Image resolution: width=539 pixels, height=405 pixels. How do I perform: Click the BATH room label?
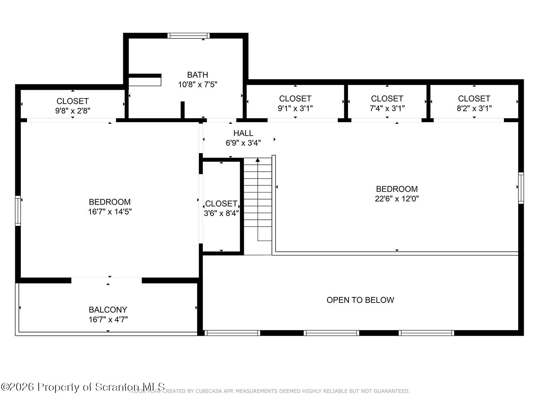[x=197, y=75]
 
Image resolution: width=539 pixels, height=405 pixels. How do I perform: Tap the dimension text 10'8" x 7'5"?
[x=197, y=84]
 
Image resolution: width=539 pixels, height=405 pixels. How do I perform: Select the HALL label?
[x=243, y=133]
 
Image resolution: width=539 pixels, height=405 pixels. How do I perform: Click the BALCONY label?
[x=108, y=309]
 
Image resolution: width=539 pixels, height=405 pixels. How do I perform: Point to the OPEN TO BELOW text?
[x=360, y=300]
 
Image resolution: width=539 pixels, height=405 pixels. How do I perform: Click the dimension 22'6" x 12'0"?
[x=397, y=198]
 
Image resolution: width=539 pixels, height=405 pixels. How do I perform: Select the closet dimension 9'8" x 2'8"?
[x=73, y=111]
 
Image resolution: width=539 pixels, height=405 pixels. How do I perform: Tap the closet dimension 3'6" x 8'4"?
[x=221, y=213]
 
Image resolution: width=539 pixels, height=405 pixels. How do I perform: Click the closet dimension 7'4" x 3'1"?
[x=387, y=108]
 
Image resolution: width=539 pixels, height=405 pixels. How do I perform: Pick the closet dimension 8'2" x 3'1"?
[x=474, y=108]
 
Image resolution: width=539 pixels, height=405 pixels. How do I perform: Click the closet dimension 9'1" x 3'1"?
[x=295, y=108]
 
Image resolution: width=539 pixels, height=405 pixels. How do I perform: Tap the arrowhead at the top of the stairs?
[x=258, y=160]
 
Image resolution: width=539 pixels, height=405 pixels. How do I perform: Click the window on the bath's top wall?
[x=189, y=36]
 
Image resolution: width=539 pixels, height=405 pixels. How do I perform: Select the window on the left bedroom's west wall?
[x=18, y=211]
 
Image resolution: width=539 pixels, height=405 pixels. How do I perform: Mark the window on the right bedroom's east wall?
[x=521, y=188]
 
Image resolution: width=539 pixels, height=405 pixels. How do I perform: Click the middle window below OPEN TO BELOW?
[x=331, y=333]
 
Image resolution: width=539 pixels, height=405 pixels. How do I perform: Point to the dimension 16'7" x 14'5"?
[x=109, y=212]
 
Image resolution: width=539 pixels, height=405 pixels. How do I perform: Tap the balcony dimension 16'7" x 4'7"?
[x=108, y=319]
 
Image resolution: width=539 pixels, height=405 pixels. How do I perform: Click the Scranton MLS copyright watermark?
[x=83, y=387]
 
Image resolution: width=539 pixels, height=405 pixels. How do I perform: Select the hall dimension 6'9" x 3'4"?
[x=243, y=143]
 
